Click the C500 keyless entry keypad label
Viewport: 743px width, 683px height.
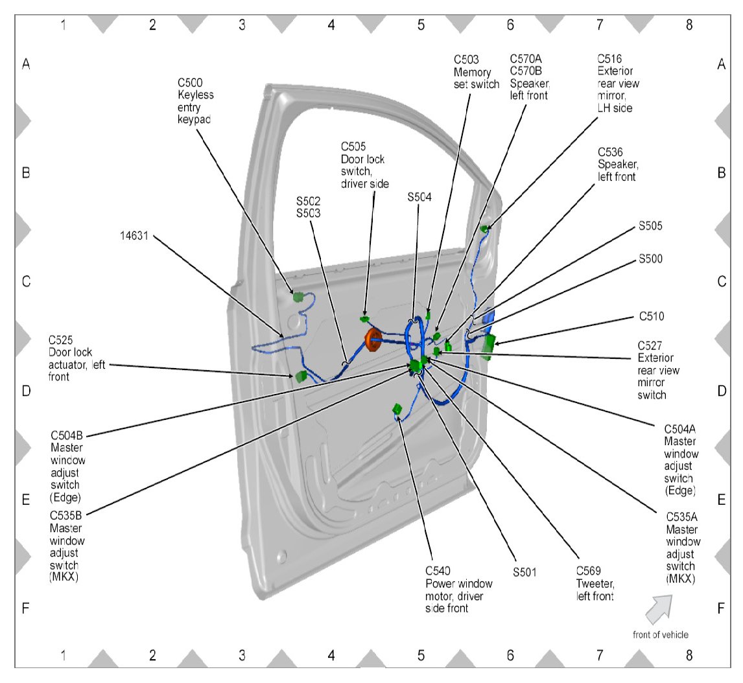(x=196, y=102)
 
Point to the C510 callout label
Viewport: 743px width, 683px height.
(x=650, y=316)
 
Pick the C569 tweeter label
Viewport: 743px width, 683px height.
(x=595, y=583)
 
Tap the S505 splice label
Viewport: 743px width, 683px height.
(x=650, y=226)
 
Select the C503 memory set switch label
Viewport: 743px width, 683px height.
(x=477, y=71)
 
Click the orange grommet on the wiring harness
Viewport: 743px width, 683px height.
(x=373, y=340)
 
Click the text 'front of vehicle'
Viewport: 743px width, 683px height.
(x=661, y=634)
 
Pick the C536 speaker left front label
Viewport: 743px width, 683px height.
(x=617, y=164)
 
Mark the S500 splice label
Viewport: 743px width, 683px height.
(x=650, y=259)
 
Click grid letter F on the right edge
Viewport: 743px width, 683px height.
(x=721, y=609)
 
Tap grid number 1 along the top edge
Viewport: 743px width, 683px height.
(x=63, y=25)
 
